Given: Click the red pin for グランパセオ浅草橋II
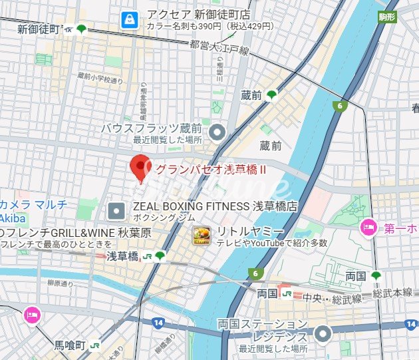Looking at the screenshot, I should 140,166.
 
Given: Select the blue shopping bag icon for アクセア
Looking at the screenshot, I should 127,20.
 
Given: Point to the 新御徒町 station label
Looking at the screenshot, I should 39,29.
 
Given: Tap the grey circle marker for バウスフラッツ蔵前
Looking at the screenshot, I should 216,133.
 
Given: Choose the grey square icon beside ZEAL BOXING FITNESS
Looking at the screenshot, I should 116,211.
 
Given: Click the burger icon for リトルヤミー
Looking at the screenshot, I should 202,236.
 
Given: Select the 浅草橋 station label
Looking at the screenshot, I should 122,256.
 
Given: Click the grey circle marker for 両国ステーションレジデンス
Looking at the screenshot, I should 323,333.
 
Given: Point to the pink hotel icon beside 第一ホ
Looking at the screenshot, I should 368,228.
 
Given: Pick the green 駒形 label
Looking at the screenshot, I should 386,17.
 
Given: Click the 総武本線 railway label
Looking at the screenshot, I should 392,291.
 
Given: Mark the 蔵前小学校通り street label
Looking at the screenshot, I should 100,79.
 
